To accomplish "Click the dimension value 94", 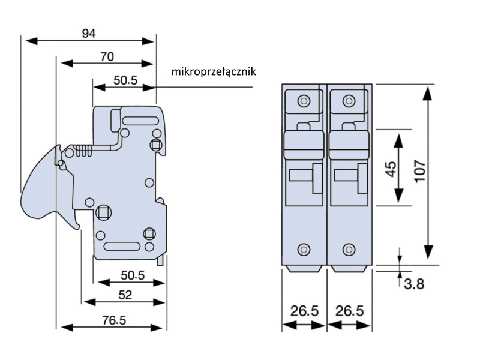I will coord(89,33).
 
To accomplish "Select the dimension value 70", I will coord(107,57).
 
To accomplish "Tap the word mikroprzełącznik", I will coord(214,72).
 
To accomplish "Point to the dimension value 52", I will coord(125,295).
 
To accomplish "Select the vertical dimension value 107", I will coord(419,172).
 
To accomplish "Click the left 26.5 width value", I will coord(304,311).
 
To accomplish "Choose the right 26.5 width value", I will coord(350,311).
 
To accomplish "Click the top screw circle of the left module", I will coord(304,100).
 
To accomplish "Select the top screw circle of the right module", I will coord(349,100).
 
